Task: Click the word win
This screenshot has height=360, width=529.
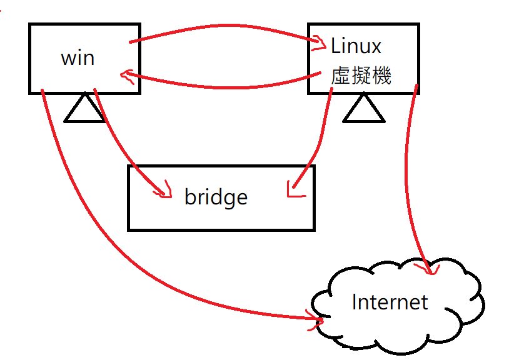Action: [78, 58]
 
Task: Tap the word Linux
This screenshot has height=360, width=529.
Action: [356, 46]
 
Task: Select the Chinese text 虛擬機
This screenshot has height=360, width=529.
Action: [361, 75]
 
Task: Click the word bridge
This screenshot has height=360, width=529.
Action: [216, 196]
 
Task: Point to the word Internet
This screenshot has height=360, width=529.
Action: [390, 302]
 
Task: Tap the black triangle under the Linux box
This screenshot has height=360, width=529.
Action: [364, 108]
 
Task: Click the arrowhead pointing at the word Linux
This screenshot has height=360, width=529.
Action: [319, 43]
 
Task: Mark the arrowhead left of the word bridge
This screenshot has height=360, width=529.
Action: [164, 191]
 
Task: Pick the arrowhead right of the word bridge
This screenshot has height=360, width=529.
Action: [293, 191]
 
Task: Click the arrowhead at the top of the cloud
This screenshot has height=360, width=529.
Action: [428, 269]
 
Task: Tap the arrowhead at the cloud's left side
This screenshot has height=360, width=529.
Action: [315, 319]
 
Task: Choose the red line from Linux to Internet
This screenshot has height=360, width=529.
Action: [406, 179]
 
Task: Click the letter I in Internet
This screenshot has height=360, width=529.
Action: [354, 302]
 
